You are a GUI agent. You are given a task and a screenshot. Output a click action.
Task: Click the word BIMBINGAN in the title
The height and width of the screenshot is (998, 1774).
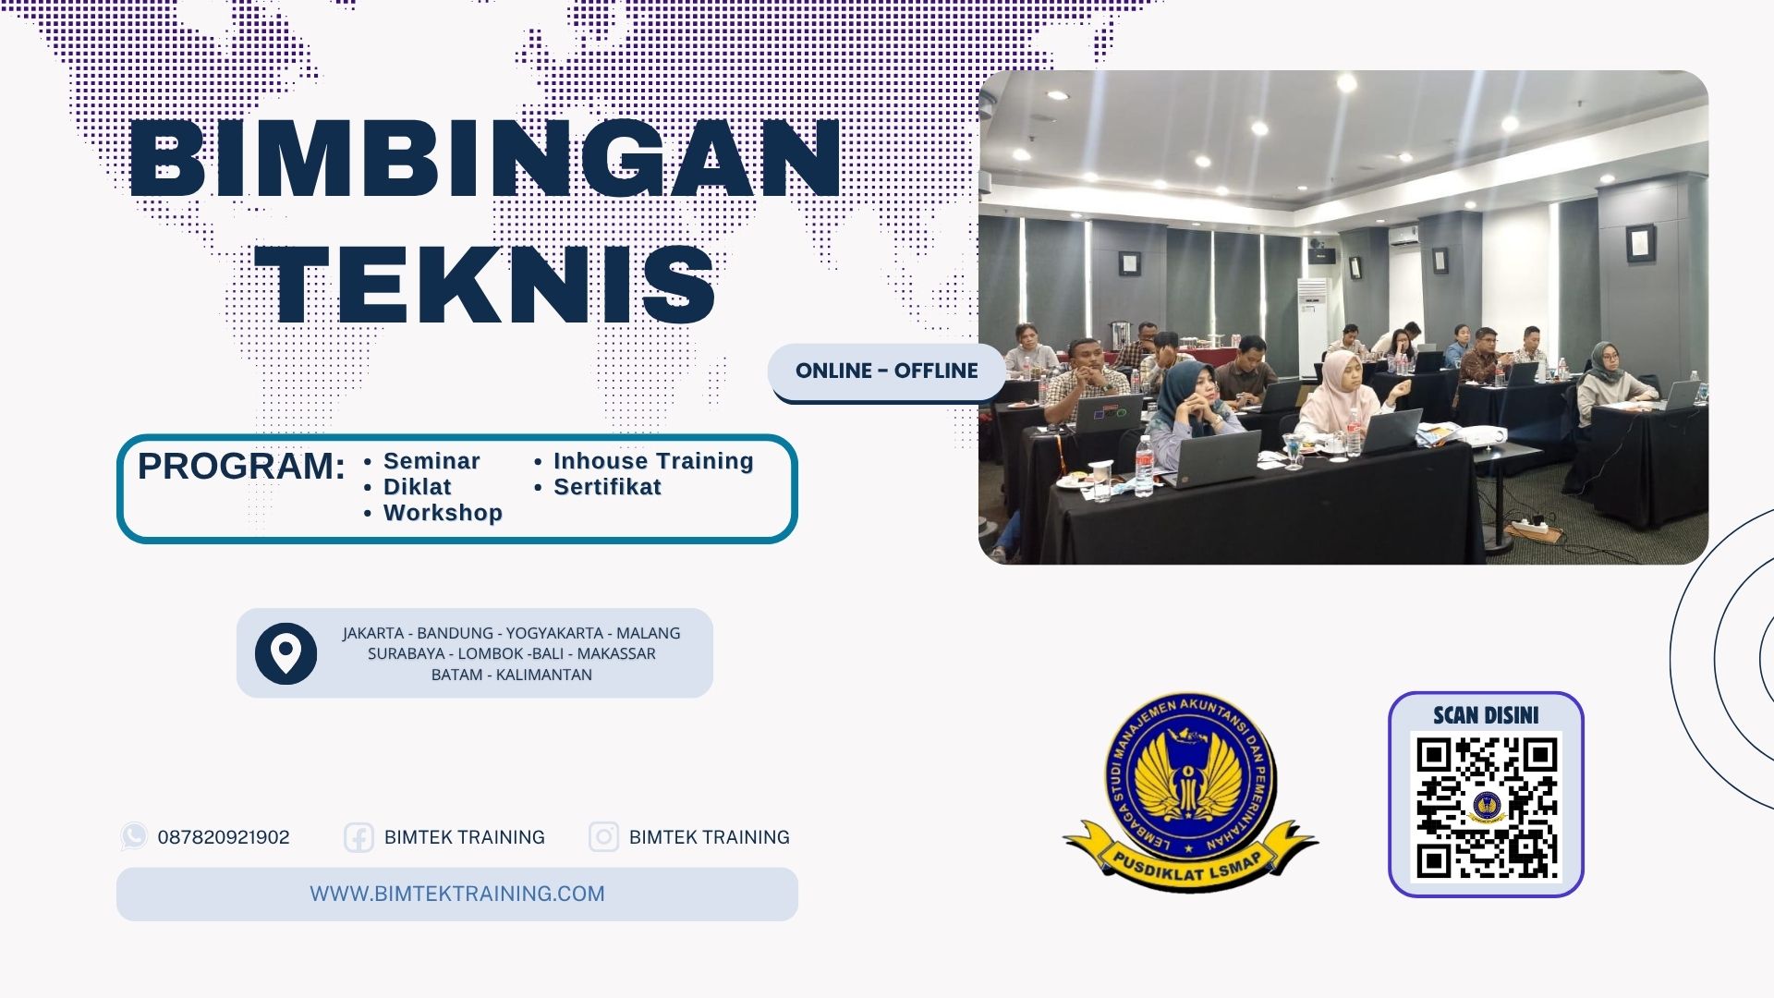pyautogui.click(x=485, y=159)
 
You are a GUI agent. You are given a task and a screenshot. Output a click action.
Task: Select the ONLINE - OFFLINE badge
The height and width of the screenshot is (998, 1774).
pyautogui.click(x=886, y=371)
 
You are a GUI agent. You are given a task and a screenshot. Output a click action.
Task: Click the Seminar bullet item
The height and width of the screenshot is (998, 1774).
pyautogui.click(x=431, y=461)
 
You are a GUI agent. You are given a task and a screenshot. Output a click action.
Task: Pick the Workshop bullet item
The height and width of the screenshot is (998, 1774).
pyautogui.click(x=442, y=513)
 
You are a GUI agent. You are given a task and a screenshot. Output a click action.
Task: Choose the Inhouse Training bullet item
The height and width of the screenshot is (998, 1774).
pyautogui.click(x=652, y=461)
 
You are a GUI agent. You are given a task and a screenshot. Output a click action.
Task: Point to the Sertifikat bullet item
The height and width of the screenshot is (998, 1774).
pyautogui.click(x=606, y=487)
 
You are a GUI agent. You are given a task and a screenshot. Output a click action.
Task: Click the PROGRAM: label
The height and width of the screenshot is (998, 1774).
pyautogui.click(x=241, y=467)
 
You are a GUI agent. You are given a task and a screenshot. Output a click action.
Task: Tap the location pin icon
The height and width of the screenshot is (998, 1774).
pyautogui.click(x=286, y=653)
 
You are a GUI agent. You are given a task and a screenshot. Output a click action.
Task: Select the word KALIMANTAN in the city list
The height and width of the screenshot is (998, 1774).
pyautogui.click(x=543, y=675)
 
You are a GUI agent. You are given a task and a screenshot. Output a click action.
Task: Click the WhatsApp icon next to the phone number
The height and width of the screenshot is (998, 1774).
pyautogui.click(x=134, y=836)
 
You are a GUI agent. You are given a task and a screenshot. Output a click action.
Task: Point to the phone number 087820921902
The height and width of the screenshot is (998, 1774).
pyautogui.click(x=224, y=837)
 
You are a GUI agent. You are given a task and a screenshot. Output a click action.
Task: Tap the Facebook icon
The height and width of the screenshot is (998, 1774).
pyautogui.click(x=358, y=837)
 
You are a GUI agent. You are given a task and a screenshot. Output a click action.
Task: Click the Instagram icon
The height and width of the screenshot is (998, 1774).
pyautogui.click(x=603, y=837)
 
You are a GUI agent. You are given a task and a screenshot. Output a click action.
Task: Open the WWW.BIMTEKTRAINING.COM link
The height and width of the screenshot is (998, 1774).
pyautogui.click(x=456, y=894)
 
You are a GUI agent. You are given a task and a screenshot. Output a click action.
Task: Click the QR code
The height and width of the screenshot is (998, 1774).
pyautogui.click(x=1486, y=808)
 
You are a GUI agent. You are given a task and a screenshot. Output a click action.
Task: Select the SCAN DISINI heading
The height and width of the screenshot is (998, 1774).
pyautogui.click(x=1486, y=715)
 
